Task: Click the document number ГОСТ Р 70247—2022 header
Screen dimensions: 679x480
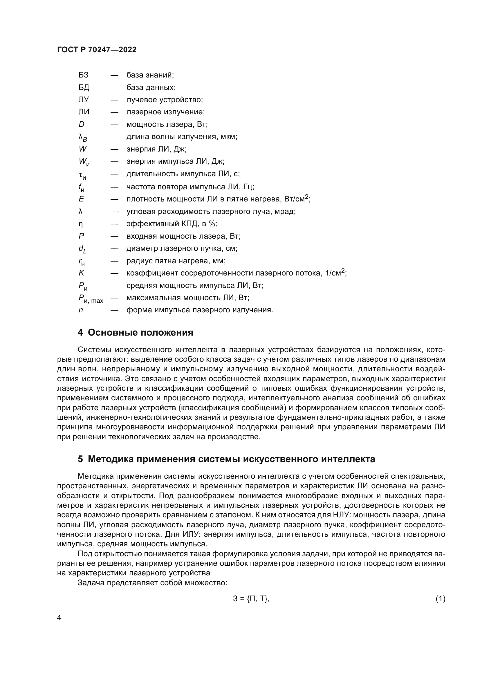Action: (x=97, y=50)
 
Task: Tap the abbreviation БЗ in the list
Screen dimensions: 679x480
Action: (x=83, y=75)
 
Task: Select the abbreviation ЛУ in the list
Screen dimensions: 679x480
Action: (x=83, y=100)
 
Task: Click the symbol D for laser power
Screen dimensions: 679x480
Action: (x=81, y=124)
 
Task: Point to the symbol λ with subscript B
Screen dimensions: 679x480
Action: (x=82, y=138)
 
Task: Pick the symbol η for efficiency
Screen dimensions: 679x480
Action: (x=81, y=224)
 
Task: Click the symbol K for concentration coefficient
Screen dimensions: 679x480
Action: (x=81, y=273)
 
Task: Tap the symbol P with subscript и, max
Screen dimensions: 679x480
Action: (x=91, y=298)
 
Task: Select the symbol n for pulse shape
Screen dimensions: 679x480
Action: (x=81, y=310)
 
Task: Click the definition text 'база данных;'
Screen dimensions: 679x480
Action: (x=151, y=88)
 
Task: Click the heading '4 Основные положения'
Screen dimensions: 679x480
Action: (x=135, y=332)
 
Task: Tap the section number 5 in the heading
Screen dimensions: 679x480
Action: (x=80, y=459)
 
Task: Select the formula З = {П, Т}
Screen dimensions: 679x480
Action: (x=251, y=599)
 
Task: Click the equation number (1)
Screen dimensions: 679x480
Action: (x=440, y=599)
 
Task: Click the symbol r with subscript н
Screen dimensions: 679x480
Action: (x=81, y=262)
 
